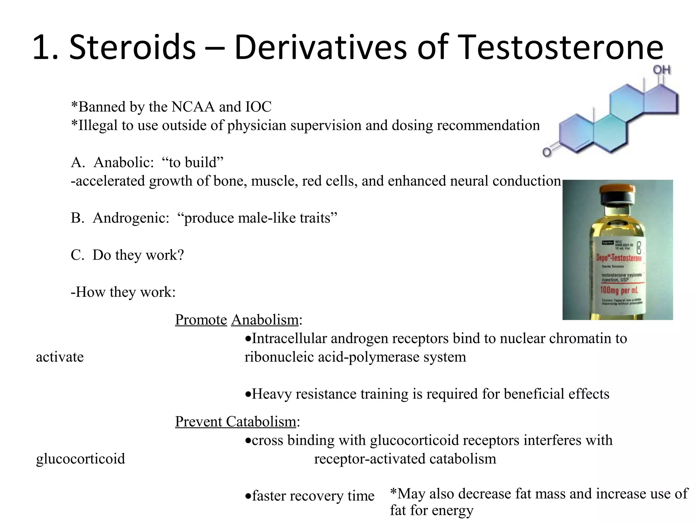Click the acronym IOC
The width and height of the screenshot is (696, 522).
coord(258,107)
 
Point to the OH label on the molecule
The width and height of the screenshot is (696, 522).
coord(661,70)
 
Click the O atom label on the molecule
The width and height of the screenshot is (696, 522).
coord(546,152)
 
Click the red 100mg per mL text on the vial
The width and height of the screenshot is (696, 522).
coord(619,290)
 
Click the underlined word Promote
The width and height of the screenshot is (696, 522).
coord(201,320)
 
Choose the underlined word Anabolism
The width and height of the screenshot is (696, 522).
coord(265,320)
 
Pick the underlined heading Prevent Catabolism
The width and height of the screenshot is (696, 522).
coord(236,422)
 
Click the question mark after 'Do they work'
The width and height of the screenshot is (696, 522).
coord(180,255)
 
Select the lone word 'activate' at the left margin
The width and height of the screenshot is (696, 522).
coord(60,357)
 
